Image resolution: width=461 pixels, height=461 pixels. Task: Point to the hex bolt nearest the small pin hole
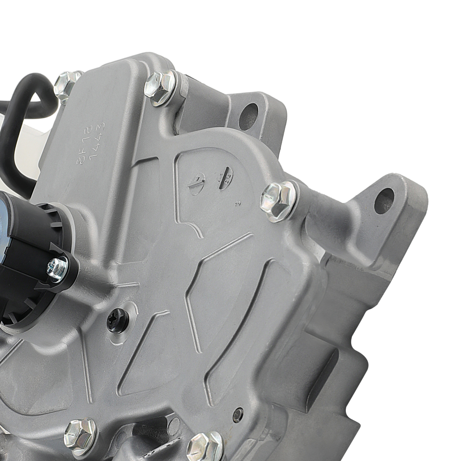coord(205,445)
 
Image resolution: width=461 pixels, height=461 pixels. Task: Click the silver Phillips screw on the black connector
coord(58,269)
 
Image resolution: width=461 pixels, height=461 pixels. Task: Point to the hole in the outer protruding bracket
coord(384,201)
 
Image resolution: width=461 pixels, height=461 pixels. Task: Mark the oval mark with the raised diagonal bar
coord(197,183)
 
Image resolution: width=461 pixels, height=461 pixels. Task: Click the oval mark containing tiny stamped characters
coord(225,177)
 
